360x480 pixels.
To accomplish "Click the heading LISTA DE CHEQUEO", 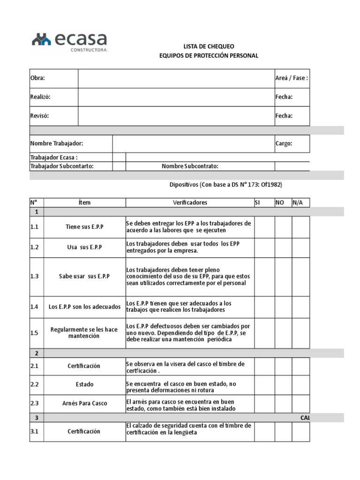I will (x=209, y=46).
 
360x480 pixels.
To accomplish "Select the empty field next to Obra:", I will (x=176, y=78).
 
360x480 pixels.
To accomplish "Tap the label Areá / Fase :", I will (x=291, y=78).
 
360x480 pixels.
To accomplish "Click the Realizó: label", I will (x=40, y=97).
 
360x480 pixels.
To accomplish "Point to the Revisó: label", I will (x=39, y=116).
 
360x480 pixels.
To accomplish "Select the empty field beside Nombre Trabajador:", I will (x=193, y=144).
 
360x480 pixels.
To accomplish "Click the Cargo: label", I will (x=284, y=144).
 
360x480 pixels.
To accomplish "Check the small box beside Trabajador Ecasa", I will (x=119, y=157).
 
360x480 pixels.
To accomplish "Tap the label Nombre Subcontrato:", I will (x=190, y=166).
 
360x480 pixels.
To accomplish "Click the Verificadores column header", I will (x=190, y=202).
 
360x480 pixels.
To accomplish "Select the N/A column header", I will (x=298, y=202).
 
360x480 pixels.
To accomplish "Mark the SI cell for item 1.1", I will (x=264, y=227).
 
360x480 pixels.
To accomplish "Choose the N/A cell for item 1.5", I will (x=300, y=333).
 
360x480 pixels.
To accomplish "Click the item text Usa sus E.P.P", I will (x=85, y=247).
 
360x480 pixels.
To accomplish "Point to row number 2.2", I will (x=35, y=384).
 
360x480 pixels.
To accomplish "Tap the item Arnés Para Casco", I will (x=84, y=403).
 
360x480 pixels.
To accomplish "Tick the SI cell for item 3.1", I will (x=264, y=432).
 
